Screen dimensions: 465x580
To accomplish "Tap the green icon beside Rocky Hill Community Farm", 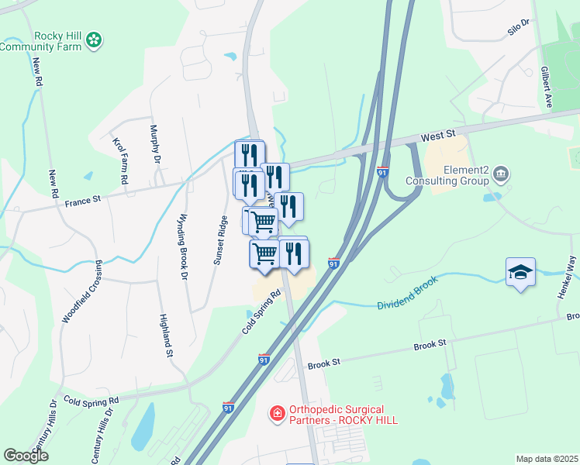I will pos(94,39).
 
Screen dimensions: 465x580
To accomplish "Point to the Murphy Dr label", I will pos(154,144).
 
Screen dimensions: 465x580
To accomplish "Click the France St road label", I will pos(83,200).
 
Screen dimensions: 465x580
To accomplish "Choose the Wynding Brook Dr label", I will pos(184,236).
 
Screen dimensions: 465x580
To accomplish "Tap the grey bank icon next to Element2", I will pos(501,173).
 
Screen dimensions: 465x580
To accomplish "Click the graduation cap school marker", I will pos(520,272).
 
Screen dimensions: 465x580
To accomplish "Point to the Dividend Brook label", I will pos(407,294).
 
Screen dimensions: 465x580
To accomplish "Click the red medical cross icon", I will pos(276,415).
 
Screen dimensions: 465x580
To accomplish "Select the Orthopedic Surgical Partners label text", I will pos(344,415).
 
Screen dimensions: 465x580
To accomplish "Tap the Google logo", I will pos(26,456).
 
